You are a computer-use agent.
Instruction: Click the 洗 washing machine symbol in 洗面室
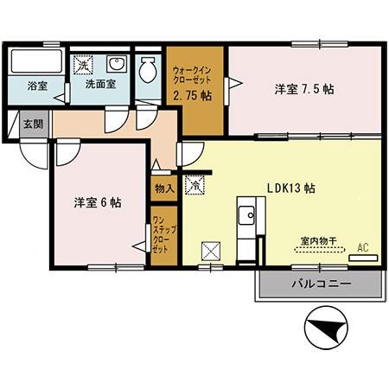pyautogui.click(x=84, y=65)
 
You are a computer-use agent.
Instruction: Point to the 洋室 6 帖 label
pyautogui.click(x=96, y=202)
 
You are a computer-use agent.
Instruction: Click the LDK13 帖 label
pyautogui.click(x=290, y=188)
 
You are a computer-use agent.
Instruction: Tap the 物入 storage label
pyautogui.click(x=164, y=188)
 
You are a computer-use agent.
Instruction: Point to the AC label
pyautogui.click(x=363, y=247)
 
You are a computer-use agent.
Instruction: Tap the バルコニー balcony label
pyautogui.click(x=319, y=284)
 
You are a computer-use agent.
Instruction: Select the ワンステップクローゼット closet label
pyautogui.click(x=160, y=234)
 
